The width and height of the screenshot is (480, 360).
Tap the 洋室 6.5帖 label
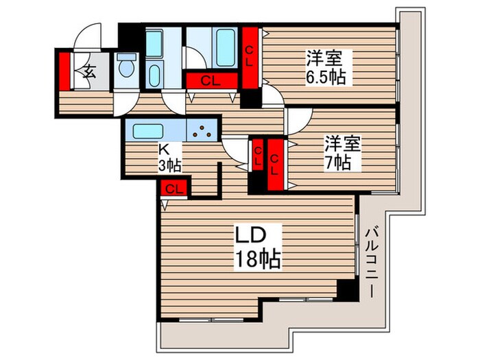coord(326,67)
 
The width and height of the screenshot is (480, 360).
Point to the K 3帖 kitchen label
coord(169,158)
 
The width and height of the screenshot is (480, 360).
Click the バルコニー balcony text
coord(371,261)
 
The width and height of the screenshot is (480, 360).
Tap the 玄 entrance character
coord(90,71)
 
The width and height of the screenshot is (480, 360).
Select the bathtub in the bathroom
coord(226,47)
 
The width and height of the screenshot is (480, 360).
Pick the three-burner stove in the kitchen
coord(202,130)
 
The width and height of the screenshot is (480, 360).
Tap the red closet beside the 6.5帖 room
coord(250,58)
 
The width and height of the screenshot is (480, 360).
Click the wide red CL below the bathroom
coord(212,81)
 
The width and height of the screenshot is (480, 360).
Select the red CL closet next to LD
coord(174,188)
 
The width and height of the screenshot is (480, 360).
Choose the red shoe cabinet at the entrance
coord(64,71)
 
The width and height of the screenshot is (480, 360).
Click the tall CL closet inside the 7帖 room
coord(276,165)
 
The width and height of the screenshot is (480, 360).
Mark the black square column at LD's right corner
coord(347,290)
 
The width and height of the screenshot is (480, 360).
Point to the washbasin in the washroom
coord(154,75)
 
